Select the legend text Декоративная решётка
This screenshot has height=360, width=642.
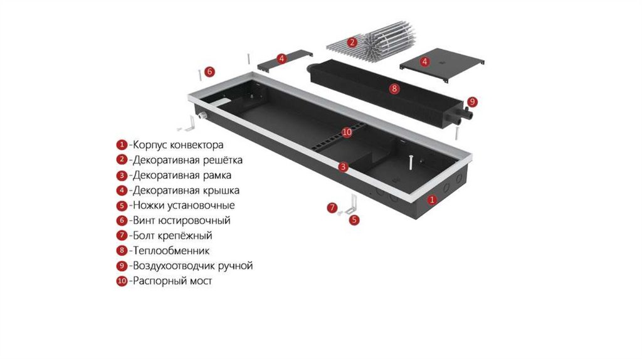pyautogui.click(x=187, y=160)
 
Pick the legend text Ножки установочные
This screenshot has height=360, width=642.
pyautogui.click(x=183, y=205)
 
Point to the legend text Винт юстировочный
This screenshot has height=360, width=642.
pyautogui.click(x=181, y=221)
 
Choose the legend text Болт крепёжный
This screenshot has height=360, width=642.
pyautogui.click(x=172, y=236)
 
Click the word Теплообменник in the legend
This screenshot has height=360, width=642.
pyautogui.click(x=171, y=251)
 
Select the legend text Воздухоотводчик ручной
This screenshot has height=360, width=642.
pyautogui.click(x=192, y=266)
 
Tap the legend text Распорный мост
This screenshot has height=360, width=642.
pyautogui.click(x=172, y=281)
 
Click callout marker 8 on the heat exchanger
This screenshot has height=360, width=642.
pyautogui.click(x=394, y=89)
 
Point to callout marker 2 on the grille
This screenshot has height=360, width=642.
pyautogui.click(x=352, y=43)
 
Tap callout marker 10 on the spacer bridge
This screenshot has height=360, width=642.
pyautogui.click(x=348, y=132)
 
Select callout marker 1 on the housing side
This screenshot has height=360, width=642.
pyautogui.click(x=431, y=200)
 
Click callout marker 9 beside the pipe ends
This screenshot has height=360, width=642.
pyautogui.click(x=472, y=101)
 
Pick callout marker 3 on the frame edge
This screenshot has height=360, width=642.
pyautogui.click(x=343, y=167)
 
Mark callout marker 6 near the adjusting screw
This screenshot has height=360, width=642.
pyautogui.click(x=209, y=71)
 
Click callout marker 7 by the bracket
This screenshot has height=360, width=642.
pyautogui.click(x=332, y=208)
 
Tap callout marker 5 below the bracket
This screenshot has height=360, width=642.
pyautogui.click(x=355, y=220)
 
